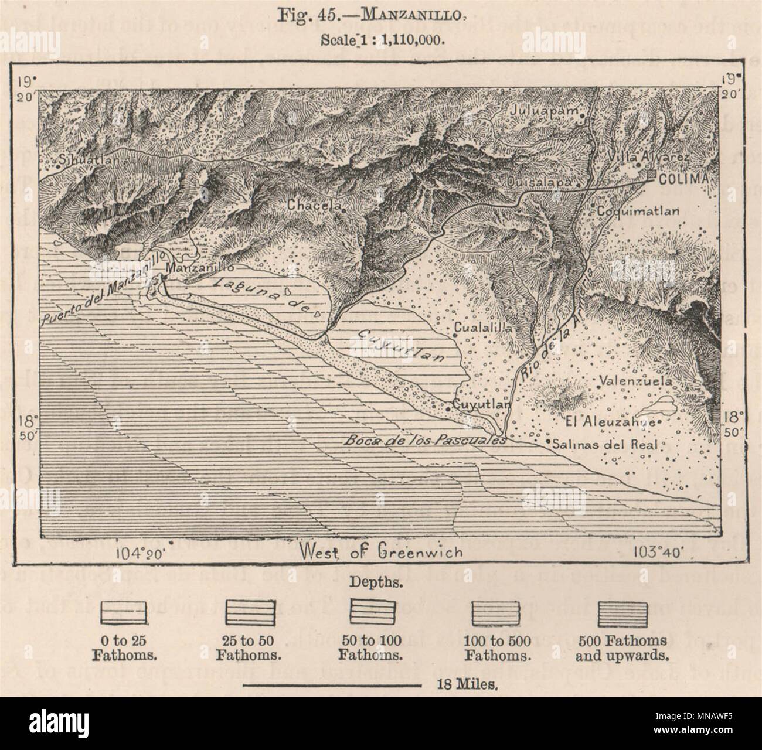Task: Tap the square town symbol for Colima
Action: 652,174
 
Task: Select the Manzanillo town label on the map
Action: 200,267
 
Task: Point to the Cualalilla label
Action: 484,329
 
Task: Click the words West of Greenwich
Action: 380,551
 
